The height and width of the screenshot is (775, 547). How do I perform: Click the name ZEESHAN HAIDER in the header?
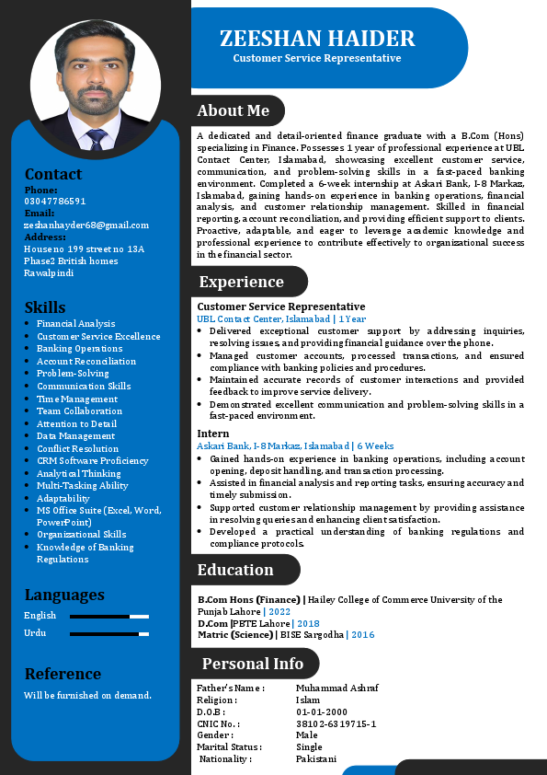pyautogui.click(x=317, y=39)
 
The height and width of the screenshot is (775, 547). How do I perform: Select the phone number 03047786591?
pyautogui.click(x=55, y=201)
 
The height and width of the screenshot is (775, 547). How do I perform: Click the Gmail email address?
pyautogui.click(x=86, y=225)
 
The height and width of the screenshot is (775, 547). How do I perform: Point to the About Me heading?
pyautogui.click(x=234, y=110)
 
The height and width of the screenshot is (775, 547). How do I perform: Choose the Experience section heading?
pyautogui.click(x=242, y=282)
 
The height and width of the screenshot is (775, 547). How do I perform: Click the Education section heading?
pyautogui.click(x=235, y=570)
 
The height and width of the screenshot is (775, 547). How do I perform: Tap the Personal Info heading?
pyautogui.click(x=253, y=664)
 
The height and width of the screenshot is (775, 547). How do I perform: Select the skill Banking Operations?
pyautogui.click(x=79, y=349)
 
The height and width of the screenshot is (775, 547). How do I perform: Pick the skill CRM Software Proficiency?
pyautogui.click(x=92, y=461)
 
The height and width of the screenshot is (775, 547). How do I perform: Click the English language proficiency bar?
pyautogui.click(x=109, y=616)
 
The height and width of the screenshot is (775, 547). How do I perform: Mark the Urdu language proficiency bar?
pyautogui.click(x=109, y=633)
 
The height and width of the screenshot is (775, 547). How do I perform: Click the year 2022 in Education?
pyautogui.click(x=279, y=611)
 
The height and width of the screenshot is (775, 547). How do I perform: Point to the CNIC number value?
pyautogui.click(x=336, y=723)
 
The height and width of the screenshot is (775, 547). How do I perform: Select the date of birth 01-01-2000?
pyautogui.click(x=322, y=711)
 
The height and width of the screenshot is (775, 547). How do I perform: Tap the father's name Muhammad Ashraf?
pyautogui.click(x=337, y=688)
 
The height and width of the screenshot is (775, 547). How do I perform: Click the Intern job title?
pyautogui.click(x=212, y=434)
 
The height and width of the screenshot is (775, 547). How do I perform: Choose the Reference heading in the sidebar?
pyautogui.click(x=63, y=674)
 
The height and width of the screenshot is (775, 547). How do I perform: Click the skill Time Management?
pyautogui.click(x=77, y=399)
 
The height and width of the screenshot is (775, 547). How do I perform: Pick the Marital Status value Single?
pyautogui.click(x=309, y=747)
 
